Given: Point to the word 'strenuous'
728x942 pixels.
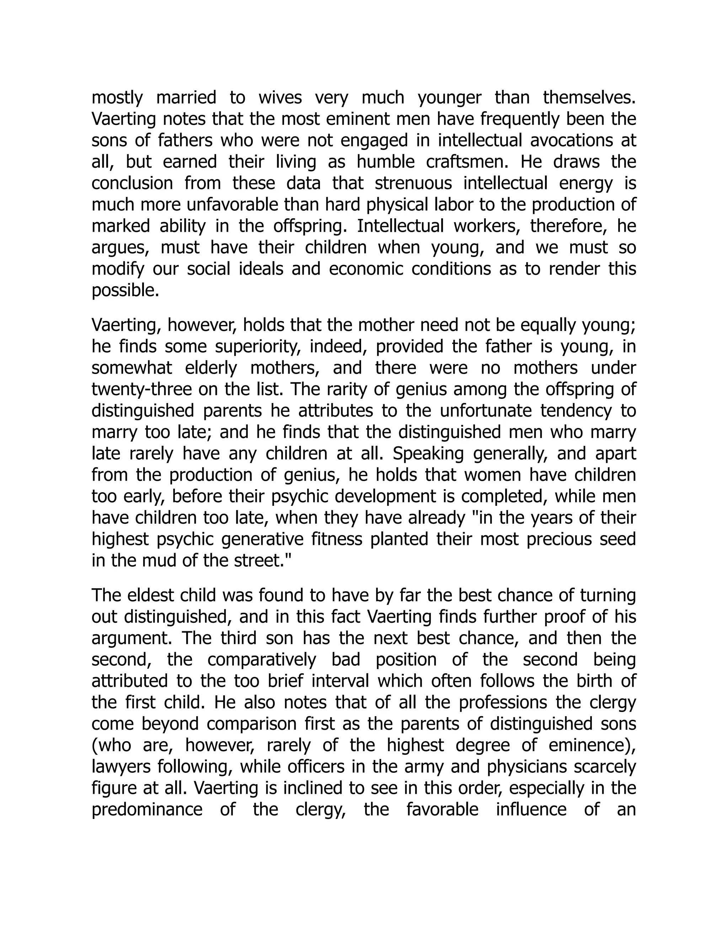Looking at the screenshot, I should pyautogui.click(x=413, y=183).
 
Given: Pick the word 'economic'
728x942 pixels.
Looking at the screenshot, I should pyautogui.click(x=365, y=269).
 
